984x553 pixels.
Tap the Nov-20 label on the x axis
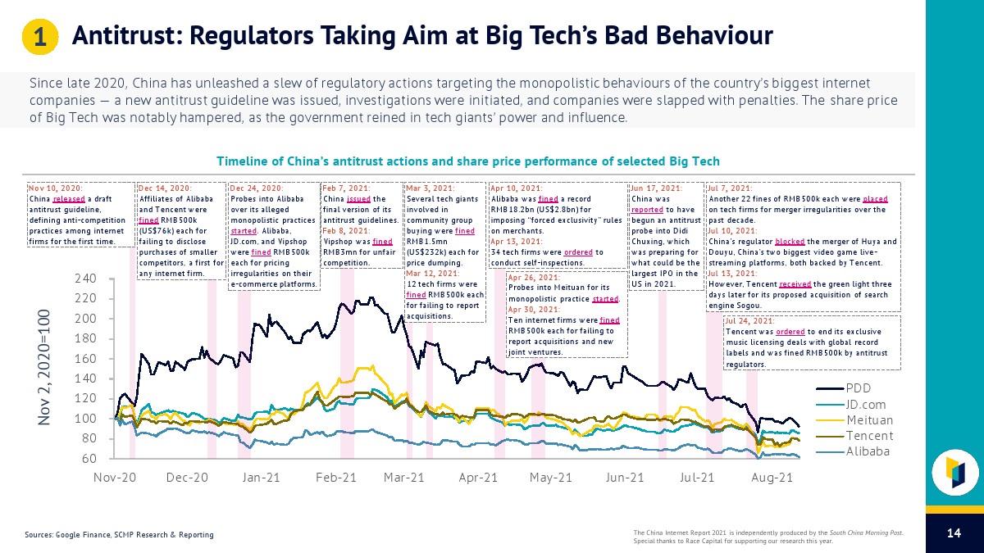[x=115, y=476]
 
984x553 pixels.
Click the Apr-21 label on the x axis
[x=478, y=476]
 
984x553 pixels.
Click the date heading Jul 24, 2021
[x=749, y=321]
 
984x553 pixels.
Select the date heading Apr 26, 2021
[x=535, y=277]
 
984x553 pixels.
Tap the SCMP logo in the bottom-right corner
[x=954, y=473]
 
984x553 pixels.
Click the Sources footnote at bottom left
[x=119, y=535]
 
